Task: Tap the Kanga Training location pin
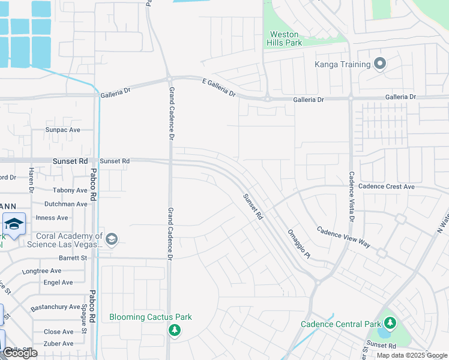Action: tap(379, 63)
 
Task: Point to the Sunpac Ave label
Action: tap(63, 130)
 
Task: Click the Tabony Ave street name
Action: tap(70, 191)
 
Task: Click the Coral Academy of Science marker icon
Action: tap(111, 240)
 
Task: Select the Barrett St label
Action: tap(73, 258)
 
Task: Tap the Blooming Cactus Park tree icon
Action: tap(175, 331)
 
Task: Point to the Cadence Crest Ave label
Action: tap(386, 187)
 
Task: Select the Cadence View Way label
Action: tap(343, 238)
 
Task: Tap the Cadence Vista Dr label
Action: tap(352, 197)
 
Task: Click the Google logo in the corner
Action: tap(20, 353)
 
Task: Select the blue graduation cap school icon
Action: tap(13, 224)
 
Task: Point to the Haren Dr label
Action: tap(31, 180)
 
